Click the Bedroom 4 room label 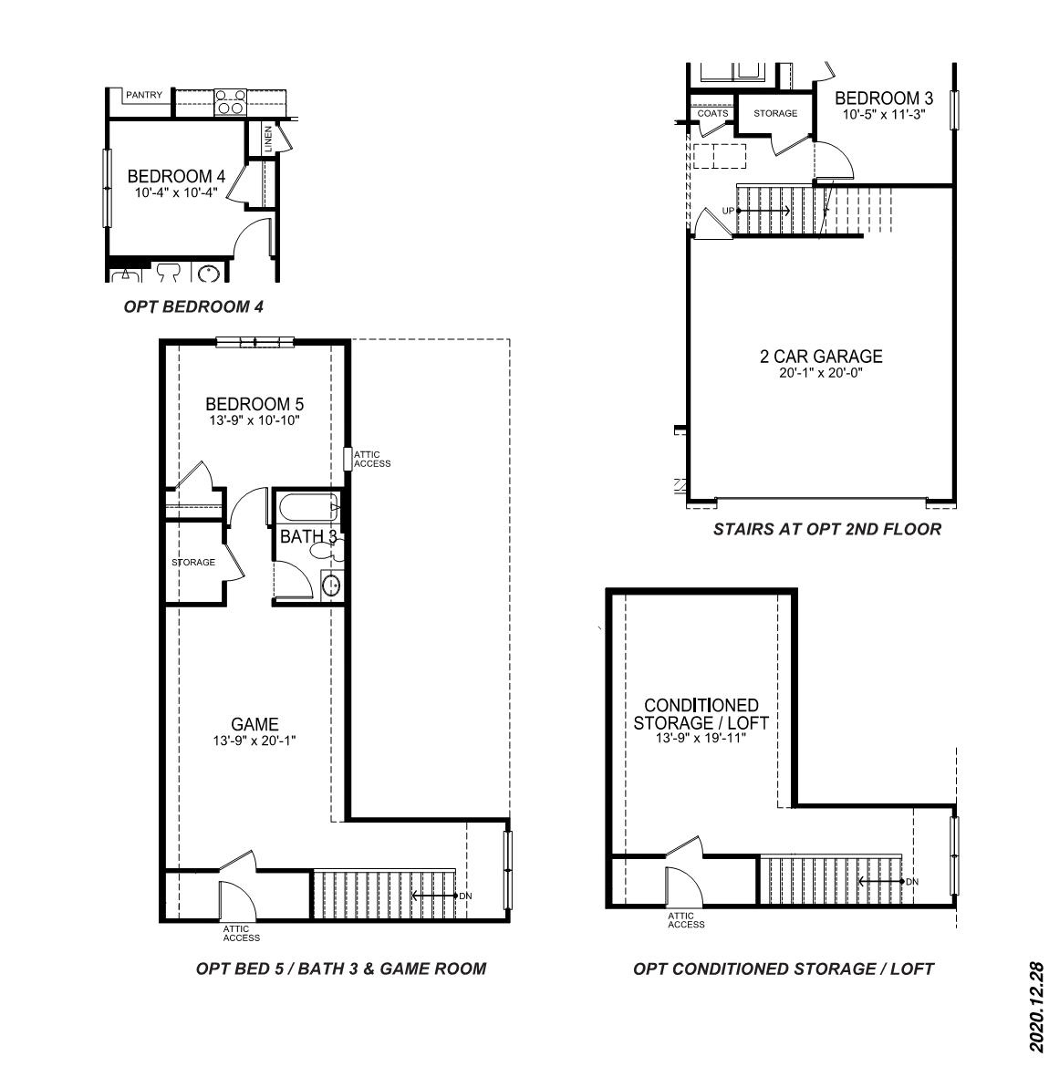click(176, 176)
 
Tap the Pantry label click(144, 95)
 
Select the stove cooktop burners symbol click(231, 102)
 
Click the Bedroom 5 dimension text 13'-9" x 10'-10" click(254, 420)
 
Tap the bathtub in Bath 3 click(308, 508)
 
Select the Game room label click(254, 725)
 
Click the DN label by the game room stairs click(465, 896)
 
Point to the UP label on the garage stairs click(729, 211)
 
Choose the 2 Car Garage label click(821, 356)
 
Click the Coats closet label click(712, 114)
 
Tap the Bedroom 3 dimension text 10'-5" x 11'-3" click(884, 114)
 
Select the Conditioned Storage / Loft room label click(701, 714)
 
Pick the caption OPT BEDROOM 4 click(193, 307)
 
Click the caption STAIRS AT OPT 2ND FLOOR click(827, 530)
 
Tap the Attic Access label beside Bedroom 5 click(372, 460)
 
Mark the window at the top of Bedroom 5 click(255, 342)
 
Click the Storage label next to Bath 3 click(193, 562)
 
